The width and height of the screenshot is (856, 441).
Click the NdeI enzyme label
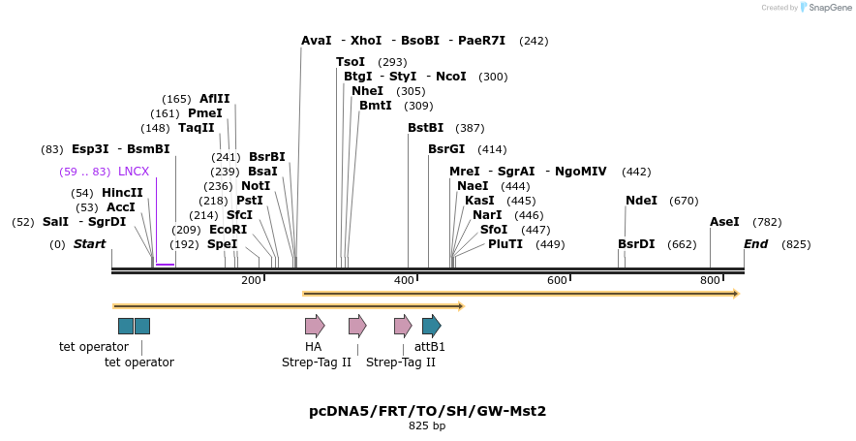pyautogui.click(x=641, y=201)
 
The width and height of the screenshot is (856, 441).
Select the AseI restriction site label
pyautogui.click(x=724, y=222)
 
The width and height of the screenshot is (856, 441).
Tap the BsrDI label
pyautogui.click(x=636, y=244)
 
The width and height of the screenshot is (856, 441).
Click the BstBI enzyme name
pyautogui.click(x=425, y=128)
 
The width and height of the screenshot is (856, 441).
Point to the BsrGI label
pyautogui.click(x=446, y=149)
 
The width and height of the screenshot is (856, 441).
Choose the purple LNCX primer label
pyautogui.click(x=134, y=172)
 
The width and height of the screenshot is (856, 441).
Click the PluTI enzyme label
pyautogui.click(x=505, y=244)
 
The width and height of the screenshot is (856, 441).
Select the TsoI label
pyautogui.click(x=351, y=62)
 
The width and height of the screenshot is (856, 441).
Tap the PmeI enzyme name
pyautogui.click(x=205, y=113)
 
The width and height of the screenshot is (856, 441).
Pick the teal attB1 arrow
pyautogui.click(x=431, y=326)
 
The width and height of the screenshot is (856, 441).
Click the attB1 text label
pyautogui.click(x=430, y=347)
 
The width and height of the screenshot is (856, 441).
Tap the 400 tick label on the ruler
pyautogui.click(x=404, y=280)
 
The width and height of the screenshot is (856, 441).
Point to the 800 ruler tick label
pyautogui.click(x=710, y=280)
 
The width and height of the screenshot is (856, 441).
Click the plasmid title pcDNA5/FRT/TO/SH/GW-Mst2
pyautogui.click(x=427, y=411)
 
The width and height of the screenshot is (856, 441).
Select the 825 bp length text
pyautogui.click(x=427, y=425)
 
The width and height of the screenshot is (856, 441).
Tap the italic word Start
pyautogui.click(x=89, y=244)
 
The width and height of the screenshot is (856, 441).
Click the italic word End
pyautogui.click(x=755, y=244)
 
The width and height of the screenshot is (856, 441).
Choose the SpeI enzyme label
pyautogui.click(x=222, y=244)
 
